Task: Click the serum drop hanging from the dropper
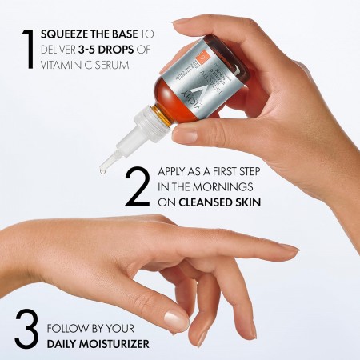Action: (103, 169)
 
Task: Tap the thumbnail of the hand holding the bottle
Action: (185, 135)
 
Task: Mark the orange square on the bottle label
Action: (225, 58)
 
